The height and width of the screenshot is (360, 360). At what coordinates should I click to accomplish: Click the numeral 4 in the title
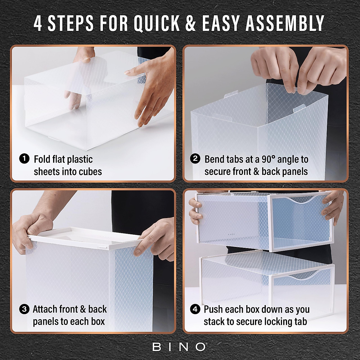click(38, 23)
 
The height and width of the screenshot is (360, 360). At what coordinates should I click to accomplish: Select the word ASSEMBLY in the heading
click(285, 23)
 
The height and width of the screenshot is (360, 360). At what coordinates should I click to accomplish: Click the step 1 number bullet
click(24, 159)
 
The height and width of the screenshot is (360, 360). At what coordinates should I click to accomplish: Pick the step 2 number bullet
click(195, 159)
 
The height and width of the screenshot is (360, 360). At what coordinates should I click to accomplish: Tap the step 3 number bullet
click(24, 309)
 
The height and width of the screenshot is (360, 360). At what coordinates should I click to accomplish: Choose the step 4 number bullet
click(195, 309)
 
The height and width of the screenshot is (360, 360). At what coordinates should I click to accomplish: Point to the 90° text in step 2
click(268, 159)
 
